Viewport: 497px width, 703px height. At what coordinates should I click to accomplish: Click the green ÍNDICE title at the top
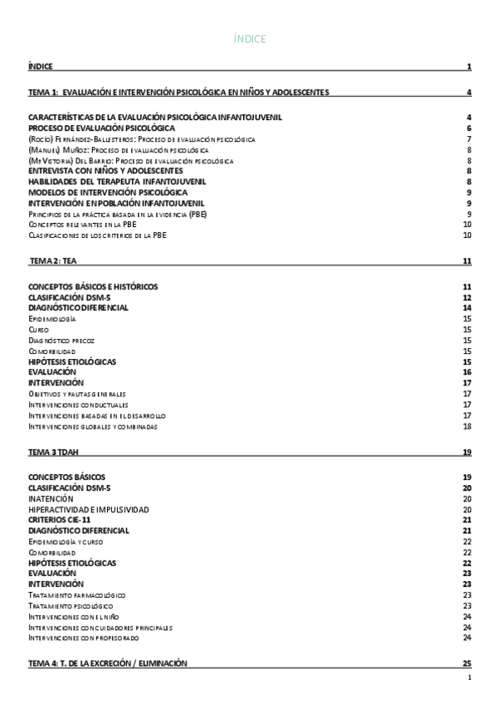pyautogui.click(x=249, y=39)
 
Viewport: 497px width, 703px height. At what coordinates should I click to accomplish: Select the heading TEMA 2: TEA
pyautogui.click(x=53, y=261)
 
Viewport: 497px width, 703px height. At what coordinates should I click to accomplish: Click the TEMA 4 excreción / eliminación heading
pyautogui.click(x=108, y=663)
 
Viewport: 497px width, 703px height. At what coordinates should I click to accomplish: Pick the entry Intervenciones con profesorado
pyautogui.click(x=84, y=638)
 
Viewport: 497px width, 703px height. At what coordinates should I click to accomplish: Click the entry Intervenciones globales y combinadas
pyautogui.click(x=93, y=426)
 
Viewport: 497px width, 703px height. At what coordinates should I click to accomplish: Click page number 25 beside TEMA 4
pyautogui.click(x=467, y=663)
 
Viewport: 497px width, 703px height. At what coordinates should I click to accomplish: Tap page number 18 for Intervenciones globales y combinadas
pyautogui.click(x=467, y=426)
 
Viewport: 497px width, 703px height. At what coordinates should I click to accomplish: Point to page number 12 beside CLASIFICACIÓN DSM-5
pyautogui.click(x=467, y=297)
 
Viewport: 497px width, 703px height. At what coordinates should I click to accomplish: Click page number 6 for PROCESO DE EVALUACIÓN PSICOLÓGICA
pyautogui.click(x=469, y=128)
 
